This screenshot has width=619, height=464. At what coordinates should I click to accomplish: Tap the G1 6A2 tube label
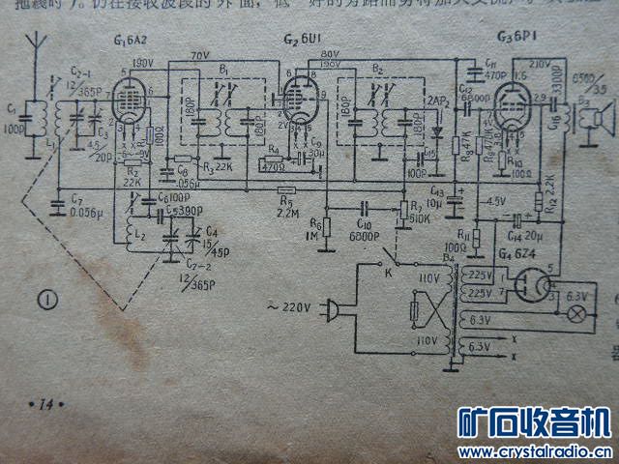[x=132, y=41]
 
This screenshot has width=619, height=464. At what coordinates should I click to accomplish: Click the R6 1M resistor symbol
[x=327, y=228]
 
